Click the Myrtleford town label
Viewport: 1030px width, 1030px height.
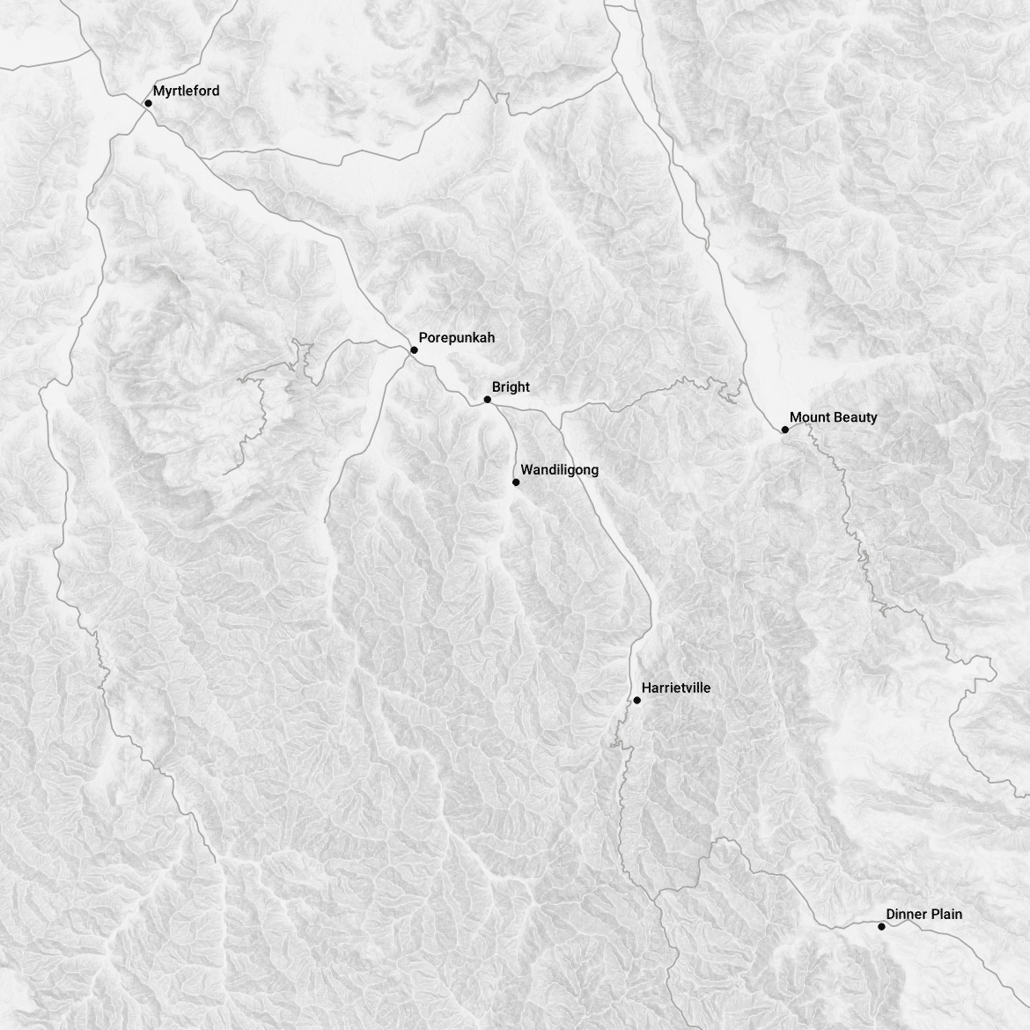point(186,91)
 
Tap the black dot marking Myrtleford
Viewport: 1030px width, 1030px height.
point(148,103)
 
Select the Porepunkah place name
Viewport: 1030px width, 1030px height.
point(456,337)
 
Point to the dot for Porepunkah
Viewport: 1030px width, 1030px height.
point(414,349)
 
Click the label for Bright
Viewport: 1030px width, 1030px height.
point(511,387)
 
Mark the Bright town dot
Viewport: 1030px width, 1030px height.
point(487,400)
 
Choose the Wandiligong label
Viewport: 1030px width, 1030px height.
point(559,470)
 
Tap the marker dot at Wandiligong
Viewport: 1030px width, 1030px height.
point(516,482)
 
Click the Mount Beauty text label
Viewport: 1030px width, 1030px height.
point(833,417)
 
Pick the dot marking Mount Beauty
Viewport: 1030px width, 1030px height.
point(784,430)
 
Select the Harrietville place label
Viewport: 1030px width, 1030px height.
point(675,688)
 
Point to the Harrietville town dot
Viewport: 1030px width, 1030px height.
point(636,701)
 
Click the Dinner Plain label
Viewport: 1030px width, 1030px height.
point(923,914)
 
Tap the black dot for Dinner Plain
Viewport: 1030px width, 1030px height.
point(881,926)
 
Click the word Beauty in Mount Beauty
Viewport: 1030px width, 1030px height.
point(854,417)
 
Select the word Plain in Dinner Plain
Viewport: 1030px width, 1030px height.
point(946,914)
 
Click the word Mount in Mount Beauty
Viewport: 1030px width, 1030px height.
point(809,417)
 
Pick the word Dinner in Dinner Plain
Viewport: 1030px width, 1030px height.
point(906,914)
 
